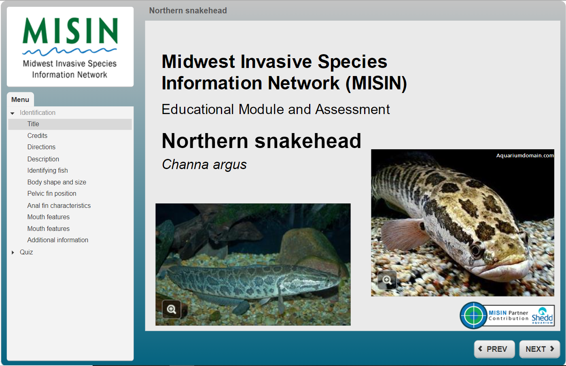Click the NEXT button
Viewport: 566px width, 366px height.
(539, 349)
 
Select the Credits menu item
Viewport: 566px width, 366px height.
(37, 136)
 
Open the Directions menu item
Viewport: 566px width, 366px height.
(41, 147)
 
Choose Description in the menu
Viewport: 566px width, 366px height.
(43, 159)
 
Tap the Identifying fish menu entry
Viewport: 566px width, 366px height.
(47, 171)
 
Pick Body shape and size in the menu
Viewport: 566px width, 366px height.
(57, 182)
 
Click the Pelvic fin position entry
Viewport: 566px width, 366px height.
(52, 194)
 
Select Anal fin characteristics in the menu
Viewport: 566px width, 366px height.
(59, 206)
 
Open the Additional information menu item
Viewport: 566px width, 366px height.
(58, 240)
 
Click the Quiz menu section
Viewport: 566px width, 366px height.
(26, 252)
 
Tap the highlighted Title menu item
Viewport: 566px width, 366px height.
(33, 124)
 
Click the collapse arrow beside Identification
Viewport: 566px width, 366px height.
(13, 113)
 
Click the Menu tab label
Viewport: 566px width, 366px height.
(20, 99)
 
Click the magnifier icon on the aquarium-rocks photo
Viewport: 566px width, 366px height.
(172, 309)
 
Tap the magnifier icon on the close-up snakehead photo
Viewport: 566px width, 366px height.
(387, 280)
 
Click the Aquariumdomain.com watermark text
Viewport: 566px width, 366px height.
(525, 156)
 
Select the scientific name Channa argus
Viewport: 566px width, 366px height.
(204, 165)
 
